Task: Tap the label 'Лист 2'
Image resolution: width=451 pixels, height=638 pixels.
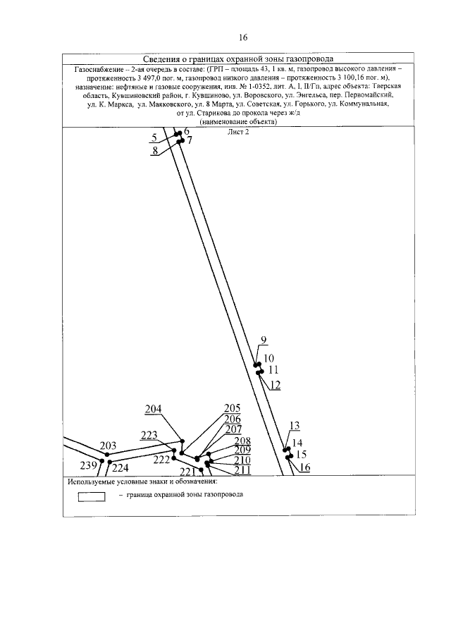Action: click(x=240, y=133)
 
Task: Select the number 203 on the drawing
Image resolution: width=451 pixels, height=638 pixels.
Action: click(x=108, y=446)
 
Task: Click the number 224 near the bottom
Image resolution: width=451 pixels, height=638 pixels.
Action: click(x=121, y=467)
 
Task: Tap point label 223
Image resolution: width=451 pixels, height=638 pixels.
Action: click(x=149, y=435)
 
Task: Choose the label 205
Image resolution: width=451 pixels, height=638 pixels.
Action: click(x=233, y=408)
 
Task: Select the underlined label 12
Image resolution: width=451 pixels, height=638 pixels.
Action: click(x=275, y=384)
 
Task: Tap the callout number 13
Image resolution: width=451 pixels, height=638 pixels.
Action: click(x=295, y=425)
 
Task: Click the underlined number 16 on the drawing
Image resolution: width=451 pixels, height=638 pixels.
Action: click(x=304, y=467)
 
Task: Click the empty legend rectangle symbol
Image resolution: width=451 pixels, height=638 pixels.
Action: click(x=92, y=496)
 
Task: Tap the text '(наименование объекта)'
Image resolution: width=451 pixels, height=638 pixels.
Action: click(x=239, y=121)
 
